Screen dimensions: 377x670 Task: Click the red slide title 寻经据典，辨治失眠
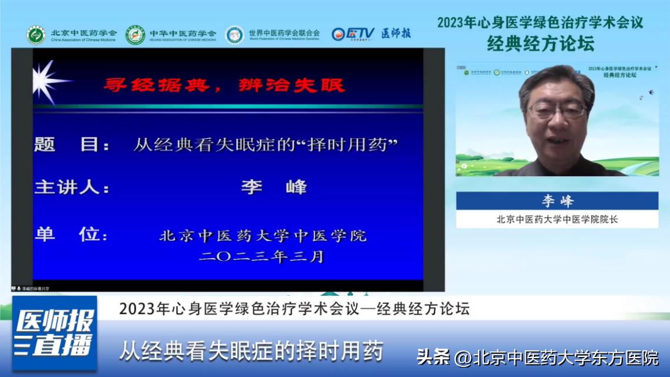coord(224,85)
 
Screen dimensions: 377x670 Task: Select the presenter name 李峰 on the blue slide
coord(274,187)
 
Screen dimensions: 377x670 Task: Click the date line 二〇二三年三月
coord(261,257)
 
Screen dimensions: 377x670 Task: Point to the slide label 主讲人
coord(71,187)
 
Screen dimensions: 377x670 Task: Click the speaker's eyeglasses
coord(556,110)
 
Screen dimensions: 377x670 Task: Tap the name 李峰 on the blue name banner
coord(557,201)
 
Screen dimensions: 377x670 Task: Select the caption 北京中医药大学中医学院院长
coord(557,220)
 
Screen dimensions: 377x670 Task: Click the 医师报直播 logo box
coord(54,333)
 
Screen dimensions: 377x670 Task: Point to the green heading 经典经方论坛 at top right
coord(540,43)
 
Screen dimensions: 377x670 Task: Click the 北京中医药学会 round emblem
coord(36,35)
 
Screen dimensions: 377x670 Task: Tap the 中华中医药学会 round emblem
coord(135,35)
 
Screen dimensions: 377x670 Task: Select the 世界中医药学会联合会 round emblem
coord(234,35)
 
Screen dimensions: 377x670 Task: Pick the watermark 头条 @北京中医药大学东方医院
coord(538,357)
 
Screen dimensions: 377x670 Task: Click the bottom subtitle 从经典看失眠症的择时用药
coord(251,350)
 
